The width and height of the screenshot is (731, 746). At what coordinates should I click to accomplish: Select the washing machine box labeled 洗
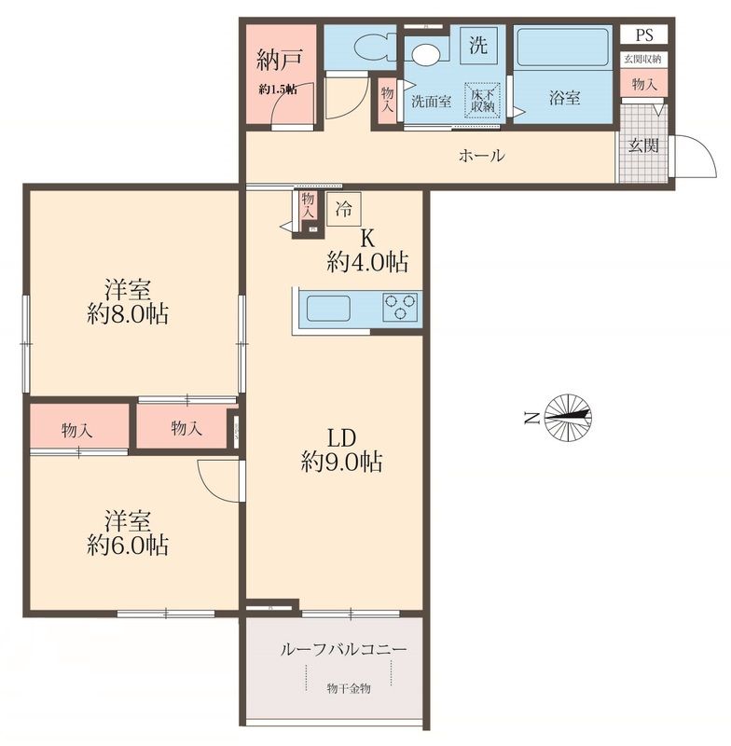(478, 45)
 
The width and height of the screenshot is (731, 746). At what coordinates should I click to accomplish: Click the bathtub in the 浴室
(562, 48)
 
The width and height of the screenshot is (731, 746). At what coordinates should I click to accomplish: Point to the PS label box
(644, 35)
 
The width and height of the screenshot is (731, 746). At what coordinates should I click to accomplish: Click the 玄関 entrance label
(643, 145)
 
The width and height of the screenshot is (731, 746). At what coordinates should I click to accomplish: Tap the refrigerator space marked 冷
(344, 208)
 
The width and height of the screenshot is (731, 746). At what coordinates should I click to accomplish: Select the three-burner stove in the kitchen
(400, 307)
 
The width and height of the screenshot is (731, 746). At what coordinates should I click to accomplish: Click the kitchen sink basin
(328, 308)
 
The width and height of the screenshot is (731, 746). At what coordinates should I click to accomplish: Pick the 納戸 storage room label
(279, 60)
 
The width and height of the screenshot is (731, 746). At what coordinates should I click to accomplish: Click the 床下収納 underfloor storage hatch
(482, 100)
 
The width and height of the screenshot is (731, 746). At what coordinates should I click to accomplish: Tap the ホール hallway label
(481, 156)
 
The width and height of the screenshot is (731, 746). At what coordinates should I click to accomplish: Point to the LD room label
(341, 438)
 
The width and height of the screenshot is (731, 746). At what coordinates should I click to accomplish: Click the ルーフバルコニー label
(343, 649)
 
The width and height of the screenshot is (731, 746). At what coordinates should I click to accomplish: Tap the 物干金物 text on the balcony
(349, 688)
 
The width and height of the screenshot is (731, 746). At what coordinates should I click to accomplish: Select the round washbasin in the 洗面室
(426, 54)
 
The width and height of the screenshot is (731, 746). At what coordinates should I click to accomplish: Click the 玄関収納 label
(643, 59)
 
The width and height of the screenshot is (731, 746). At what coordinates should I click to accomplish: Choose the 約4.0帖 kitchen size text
(367, 262)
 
